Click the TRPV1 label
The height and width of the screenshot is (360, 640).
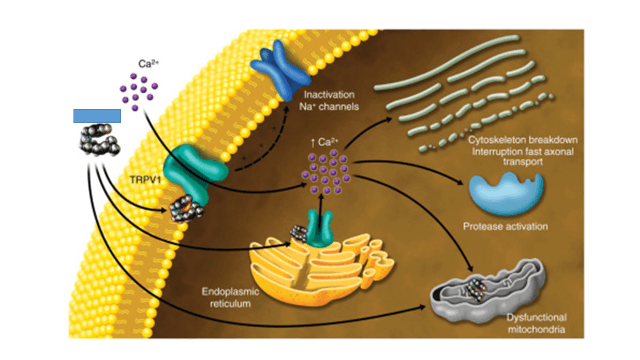click(145, 180)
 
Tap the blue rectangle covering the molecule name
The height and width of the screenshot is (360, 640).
click(97, 116)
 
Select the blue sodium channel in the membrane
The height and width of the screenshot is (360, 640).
click(279, 70)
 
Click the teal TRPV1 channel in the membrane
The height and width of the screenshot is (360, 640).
click(193, 171)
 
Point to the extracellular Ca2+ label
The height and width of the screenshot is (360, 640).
click(148, 63)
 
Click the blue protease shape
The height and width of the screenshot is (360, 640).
click(506, 193)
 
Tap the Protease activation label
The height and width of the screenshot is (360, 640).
click(505, 227)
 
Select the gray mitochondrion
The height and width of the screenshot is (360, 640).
click(489, 291)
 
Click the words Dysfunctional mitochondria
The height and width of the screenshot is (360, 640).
click(536, 323)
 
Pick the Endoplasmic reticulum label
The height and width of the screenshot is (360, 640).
click(230, 298)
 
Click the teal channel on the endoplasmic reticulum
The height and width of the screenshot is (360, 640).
click(320, 229)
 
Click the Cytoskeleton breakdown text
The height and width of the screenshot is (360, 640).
click(523, 140)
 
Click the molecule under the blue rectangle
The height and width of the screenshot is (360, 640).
click(100, 140)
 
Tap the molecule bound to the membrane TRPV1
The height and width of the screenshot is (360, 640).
click(186, 209)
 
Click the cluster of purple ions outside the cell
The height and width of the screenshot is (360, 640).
click(139, 91)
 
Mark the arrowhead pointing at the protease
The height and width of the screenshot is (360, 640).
click(461, 182)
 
